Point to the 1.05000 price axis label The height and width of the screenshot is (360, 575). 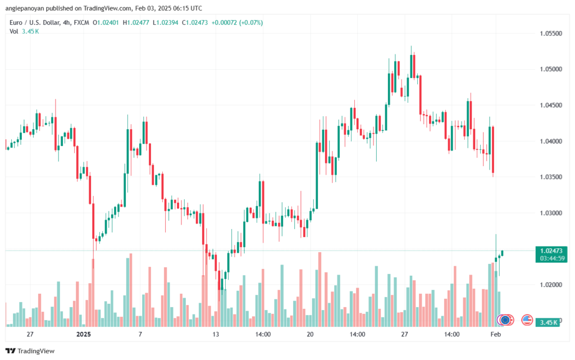tap(551, 69)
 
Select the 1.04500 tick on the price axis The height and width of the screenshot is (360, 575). tap(551, 105)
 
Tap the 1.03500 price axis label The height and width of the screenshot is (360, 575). tap(551, 177)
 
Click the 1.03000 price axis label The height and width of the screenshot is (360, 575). tap(551, 213)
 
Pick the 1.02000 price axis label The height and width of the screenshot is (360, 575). tap(551, 285)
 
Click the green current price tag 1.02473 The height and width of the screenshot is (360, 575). tap(551, 250)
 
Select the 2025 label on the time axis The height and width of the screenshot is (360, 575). tap(84, 334)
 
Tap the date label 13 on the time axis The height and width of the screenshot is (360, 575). tap(215, 334)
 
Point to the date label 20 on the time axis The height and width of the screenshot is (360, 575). tap(310, 334)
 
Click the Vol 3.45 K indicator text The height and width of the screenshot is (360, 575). tap(24, 31)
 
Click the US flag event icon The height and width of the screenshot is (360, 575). tap(527, 320)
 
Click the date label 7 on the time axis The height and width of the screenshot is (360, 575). tap(140, 334)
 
